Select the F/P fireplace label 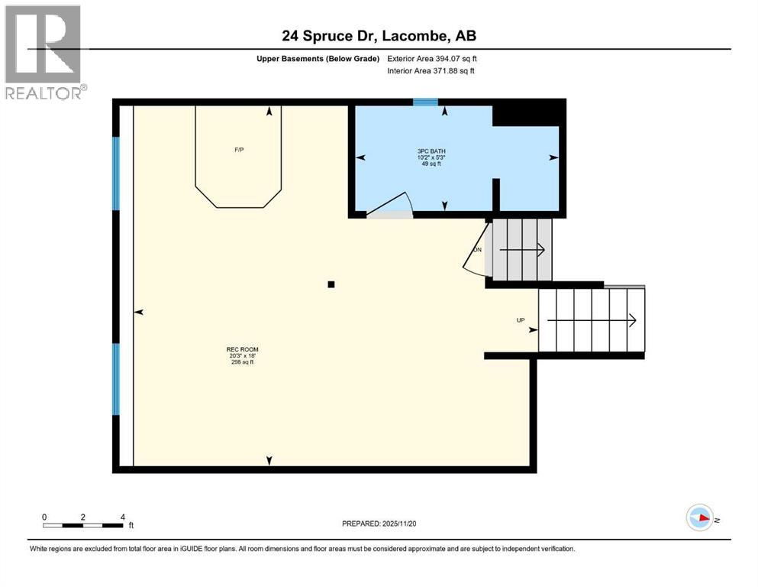tap(239, 150)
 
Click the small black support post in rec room tap(331, 284)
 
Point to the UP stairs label tap(521, 320)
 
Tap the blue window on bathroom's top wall tap(425, 102)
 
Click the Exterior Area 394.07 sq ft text tap(433, 58)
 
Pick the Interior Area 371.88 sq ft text tap(431, 71)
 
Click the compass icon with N tap(699, 518)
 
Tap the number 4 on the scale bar tap(122, 517)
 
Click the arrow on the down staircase tap(527, 249)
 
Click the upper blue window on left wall tap(116, 173)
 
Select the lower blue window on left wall tap(116, 379)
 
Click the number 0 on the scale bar tap(44, 517)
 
